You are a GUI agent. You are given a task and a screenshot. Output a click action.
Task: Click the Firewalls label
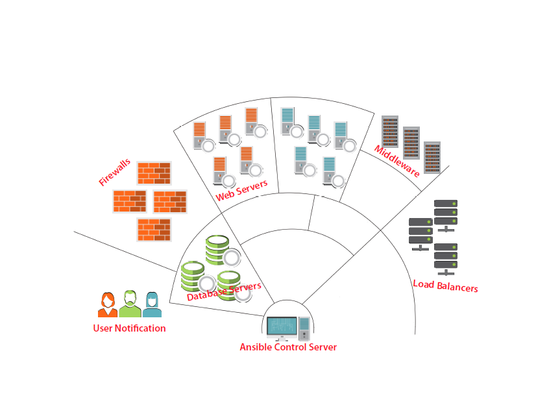tap(114, 172)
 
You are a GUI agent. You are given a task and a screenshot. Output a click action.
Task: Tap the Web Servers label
tap(241, 190)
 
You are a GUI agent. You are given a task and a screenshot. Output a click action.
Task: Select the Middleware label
tap(396, 160)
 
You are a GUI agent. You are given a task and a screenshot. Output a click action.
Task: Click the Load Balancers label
tap(445, 286)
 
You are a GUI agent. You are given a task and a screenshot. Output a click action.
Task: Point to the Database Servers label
tap(224, 291)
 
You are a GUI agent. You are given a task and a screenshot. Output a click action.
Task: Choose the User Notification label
tap(129, 328)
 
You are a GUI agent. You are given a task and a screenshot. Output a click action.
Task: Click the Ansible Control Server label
tap(288, 347)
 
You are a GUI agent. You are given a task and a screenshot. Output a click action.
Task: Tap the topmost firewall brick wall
tap(154, 173)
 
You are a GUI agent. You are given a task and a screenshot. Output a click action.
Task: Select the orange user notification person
tap(108, 305)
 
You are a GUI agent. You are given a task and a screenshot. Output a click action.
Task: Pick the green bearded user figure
tap(130, 304)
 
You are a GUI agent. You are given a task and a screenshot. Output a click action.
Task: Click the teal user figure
tap(152, 305)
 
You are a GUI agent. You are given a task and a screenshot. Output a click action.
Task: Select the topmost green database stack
tap(217, 249)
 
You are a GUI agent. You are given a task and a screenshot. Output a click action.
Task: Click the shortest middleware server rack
tap(432, 156)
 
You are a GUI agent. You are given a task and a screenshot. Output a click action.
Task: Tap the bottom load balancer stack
tap(446, 256)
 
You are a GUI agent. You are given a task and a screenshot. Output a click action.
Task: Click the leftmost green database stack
tap(193, 275)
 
